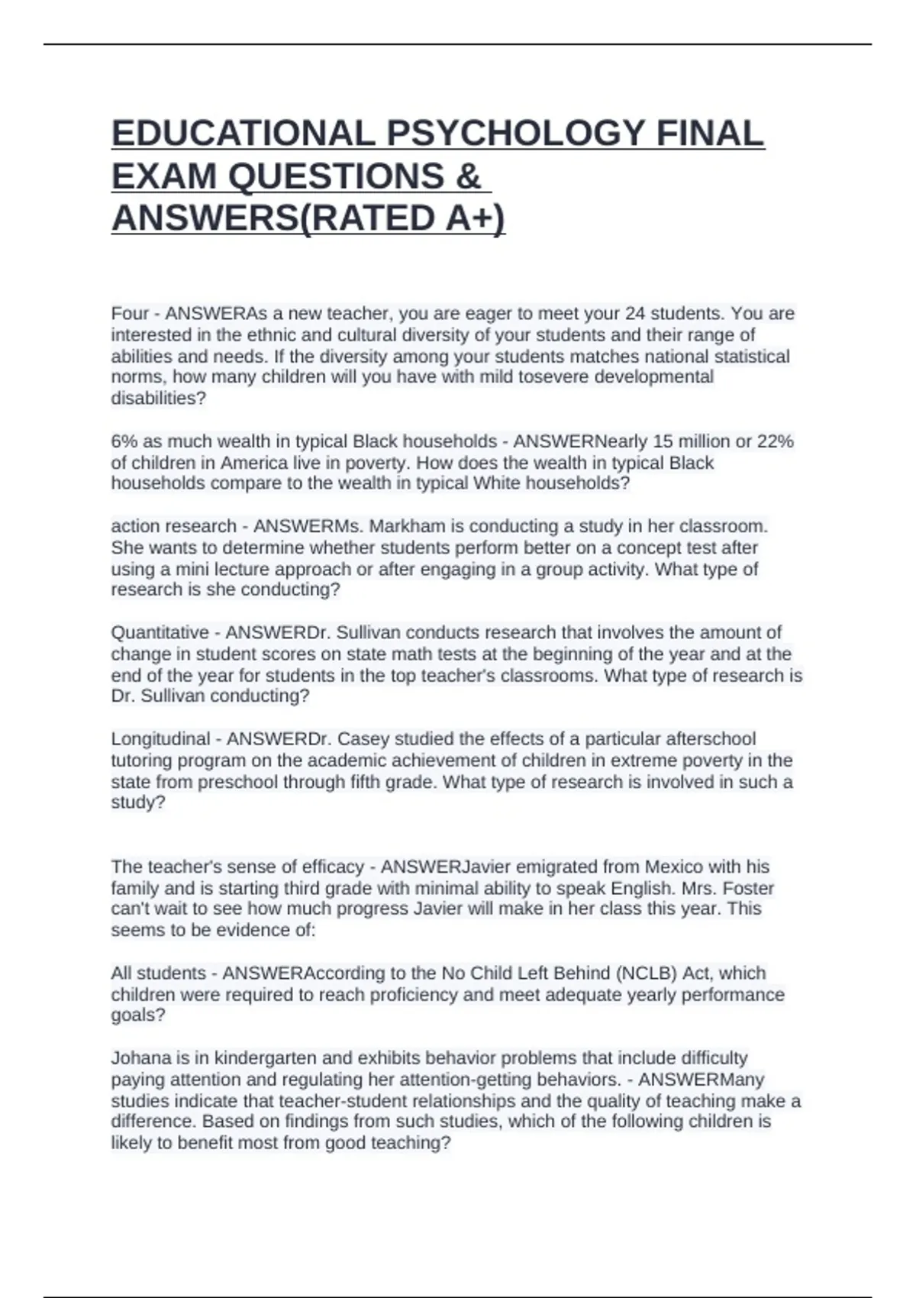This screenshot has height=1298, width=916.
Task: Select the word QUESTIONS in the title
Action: coord(336,176)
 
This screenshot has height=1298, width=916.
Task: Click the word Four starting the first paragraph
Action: coord(130,314)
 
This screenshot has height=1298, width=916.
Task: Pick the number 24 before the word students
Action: coord(635,314)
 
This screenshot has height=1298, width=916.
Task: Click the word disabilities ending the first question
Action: coord(158,399)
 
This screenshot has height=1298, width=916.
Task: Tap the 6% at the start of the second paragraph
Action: coord(124,441)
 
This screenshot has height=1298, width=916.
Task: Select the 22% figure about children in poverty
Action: coord(776,441)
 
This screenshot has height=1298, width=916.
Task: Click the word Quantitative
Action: coord(160,632)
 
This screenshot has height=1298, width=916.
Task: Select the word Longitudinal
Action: coord(160,739)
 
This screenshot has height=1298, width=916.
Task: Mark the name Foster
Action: coord(748,888)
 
